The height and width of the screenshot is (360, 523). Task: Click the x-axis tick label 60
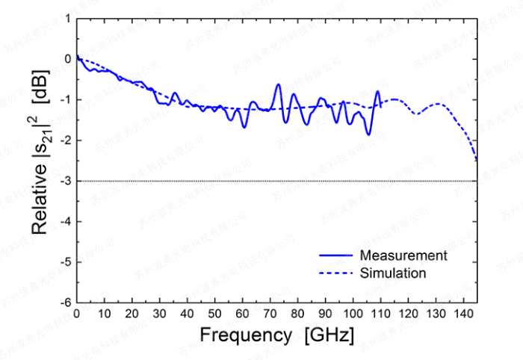point(242,313)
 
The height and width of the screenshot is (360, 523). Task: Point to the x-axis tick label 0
point(77,313)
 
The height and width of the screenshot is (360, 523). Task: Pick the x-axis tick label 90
point(325,313)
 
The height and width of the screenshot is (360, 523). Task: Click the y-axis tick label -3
point(65,181)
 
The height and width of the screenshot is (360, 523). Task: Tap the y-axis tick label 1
point(67,19)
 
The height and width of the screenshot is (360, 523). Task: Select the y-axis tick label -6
point(65,302)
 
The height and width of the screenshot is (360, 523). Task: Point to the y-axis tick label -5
point(65,262)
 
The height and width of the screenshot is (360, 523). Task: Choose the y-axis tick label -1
point(65,100)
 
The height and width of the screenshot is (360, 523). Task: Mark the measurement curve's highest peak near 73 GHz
point(278,85)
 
